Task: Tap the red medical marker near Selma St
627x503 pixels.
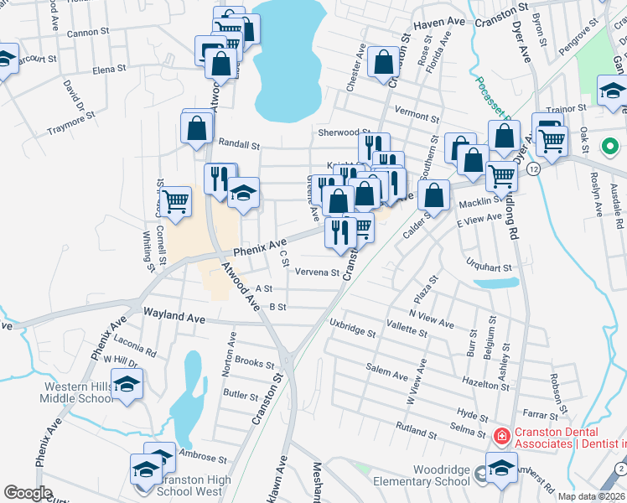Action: click(x=501, y=437)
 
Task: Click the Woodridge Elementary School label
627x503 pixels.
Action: click(x=431, y=475)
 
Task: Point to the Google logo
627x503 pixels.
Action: click(x=28, y=492)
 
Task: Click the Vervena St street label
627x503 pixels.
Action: click(x=317, y=272)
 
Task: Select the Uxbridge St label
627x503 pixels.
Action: click(x=352, y=327)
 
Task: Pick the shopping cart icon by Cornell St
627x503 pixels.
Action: click(x=176, y=201)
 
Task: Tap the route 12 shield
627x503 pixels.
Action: click(x=533, y=169)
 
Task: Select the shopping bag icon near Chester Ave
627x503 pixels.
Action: click(x=383, y=61)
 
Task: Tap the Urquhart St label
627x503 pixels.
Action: click(x=491, y=267)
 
